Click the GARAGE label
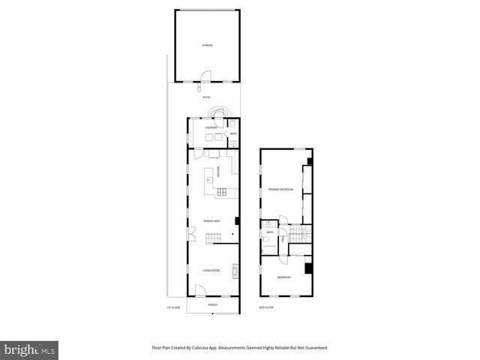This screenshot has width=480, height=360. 207,45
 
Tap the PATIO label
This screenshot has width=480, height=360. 206,97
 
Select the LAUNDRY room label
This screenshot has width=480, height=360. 211,127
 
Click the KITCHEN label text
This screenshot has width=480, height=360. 217,172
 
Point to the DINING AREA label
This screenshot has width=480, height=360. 211,221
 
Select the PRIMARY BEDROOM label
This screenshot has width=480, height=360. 280,190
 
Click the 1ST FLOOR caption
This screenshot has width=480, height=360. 173,307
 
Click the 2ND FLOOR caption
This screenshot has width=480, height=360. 266,307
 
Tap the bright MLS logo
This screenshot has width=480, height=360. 30,349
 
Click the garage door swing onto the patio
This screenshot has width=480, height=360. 206,75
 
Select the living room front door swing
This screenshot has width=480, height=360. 200,291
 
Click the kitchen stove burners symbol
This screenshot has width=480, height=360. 222,193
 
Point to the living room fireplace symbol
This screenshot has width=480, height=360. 235,270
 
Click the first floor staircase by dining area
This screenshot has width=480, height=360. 214,238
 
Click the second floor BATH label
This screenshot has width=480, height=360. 270,232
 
